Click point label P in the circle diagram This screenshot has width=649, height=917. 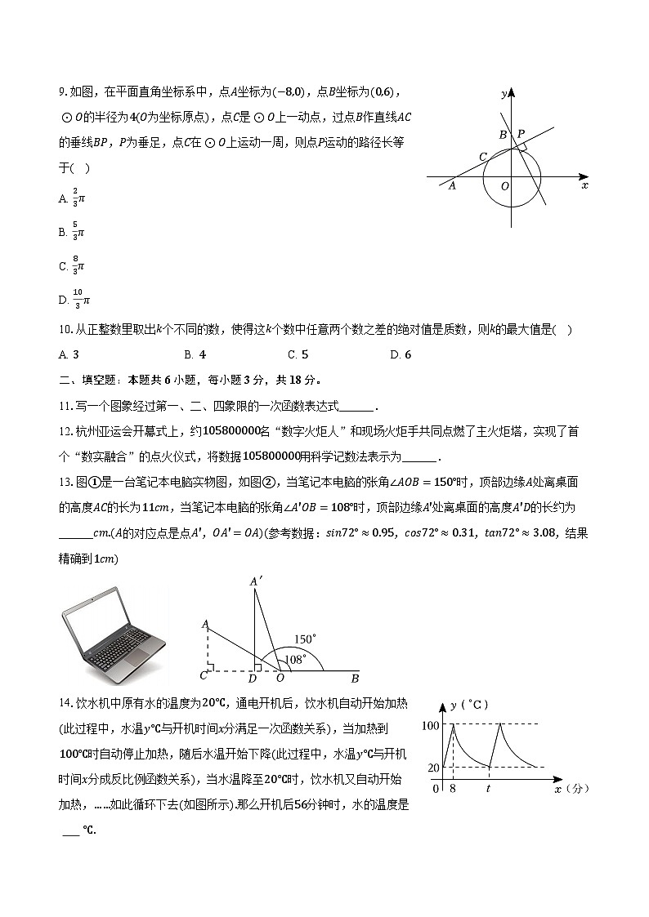coord(521,134)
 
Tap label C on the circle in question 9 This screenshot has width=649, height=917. coord(483,156)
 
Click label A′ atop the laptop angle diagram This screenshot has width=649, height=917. coord(256,581)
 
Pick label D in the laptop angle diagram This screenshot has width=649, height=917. coord(253,679)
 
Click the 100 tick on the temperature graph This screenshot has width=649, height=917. coord(430,725)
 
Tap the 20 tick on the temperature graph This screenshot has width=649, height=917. coord(433,767)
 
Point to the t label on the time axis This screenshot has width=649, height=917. coord(488,790)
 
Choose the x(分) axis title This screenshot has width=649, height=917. coord(571,789)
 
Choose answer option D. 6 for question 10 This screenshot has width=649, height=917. coord(401,354)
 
